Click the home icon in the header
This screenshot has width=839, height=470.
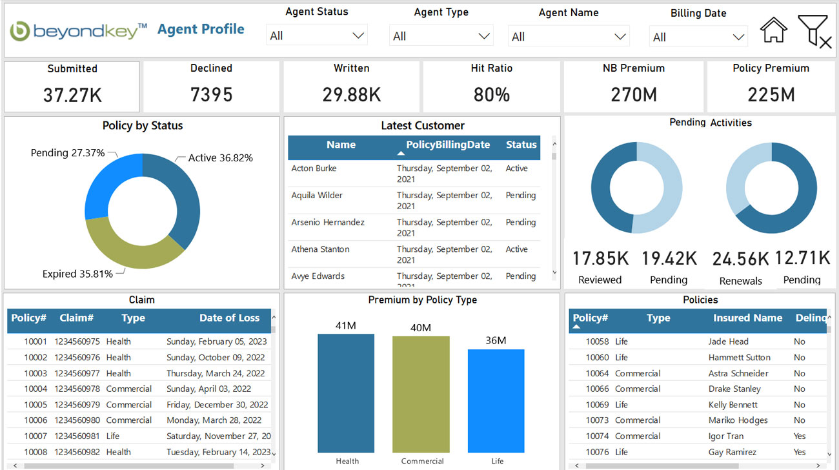pyautogui.click(x=773, y=30)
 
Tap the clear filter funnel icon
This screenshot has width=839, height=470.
pyautogui.click(x=814, y=31)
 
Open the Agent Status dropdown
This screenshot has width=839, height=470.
pyautogui.click(x=317, y=36)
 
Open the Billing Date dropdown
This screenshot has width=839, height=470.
pyautogui.click(x=698, y=37)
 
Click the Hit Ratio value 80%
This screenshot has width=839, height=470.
pyautogui.click(x=491, y=95)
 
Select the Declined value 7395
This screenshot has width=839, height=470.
pyautogui.click(x=211, y=95)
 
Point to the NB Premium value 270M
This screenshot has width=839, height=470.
pyautogui.click(x=633, y=95)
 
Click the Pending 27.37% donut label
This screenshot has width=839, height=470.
pyautogui.click(x=67, y=153)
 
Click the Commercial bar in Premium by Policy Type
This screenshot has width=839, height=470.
pyautogui.click(x=421, y=394)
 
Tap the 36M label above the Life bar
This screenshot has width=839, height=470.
pyautogui.click(x=496, y=340)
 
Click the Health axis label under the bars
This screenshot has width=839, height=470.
pyautogui.click(x=347, y=461)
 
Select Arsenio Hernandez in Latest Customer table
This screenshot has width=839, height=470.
pyautogui.click(x=328, y=222)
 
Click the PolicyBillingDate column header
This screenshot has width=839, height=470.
pyautogui.click(x=448, y=145)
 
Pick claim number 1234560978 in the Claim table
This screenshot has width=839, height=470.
pyautogui.click(x=77, y=389)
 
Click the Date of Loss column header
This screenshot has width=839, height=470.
pyautogui.click(x=229, y=318)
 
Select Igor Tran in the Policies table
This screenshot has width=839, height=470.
pyautogui.click(x=726, y=436)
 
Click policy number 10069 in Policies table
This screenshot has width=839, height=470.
pyautogui.click(x=597, y=405)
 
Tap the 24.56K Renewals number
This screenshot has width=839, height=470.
pyautogui.click(x=740, y=259)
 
